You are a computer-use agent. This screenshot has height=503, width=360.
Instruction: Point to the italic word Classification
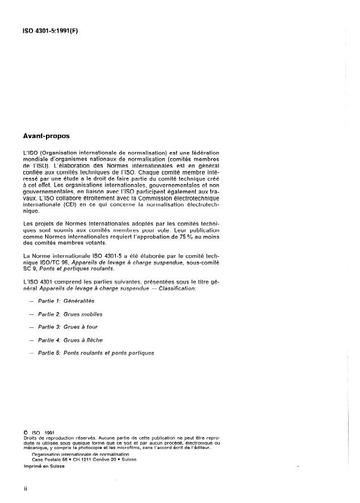(x=177, y=289)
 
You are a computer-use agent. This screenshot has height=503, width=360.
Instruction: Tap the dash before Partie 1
(x=29, y=300)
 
